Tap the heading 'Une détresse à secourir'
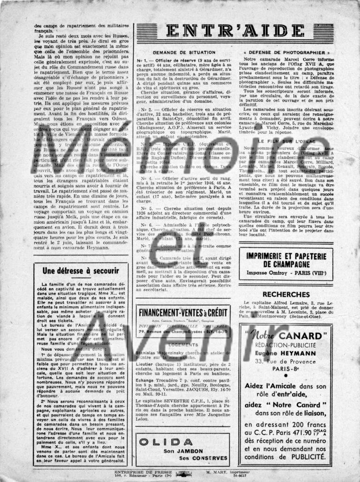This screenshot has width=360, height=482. (81, 271)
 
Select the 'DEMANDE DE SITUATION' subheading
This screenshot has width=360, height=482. (184, 53)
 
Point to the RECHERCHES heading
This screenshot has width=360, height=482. (286, 294)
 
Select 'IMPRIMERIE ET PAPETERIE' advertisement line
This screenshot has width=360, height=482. (286, 256)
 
